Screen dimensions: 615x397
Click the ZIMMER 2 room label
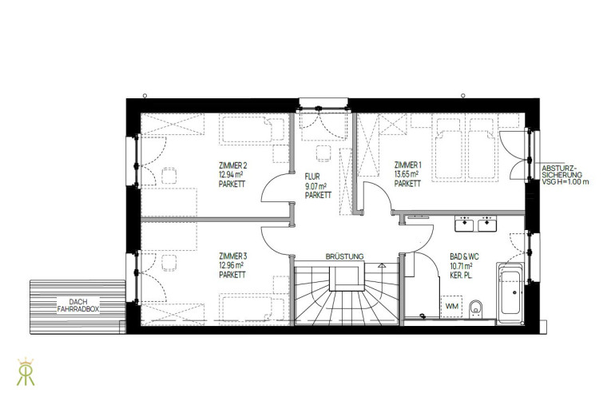(232, 165)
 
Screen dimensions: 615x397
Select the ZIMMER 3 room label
(232, 256)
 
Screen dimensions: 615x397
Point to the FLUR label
(312, 177)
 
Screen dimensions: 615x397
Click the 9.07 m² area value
(315, 186)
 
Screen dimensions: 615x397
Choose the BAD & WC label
(464, 257)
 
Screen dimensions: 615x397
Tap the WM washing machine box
(451, 307)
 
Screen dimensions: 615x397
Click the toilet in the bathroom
(476, 308)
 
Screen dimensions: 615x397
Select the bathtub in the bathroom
(510, 292)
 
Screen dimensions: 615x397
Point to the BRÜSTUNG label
(344, 256)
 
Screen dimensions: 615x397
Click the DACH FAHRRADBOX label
(78, 306)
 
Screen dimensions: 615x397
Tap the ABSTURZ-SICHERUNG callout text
(565, 175)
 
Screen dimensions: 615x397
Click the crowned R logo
(26, 371)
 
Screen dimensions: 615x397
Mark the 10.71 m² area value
(461, 266)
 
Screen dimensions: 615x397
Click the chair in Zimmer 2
(169, 176)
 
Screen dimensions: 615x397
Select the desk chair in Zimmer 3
(169, 262)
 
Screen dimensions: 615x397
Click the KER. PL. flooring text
(462, 276)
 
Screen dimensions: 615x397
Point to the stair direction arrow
(381, 265)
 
